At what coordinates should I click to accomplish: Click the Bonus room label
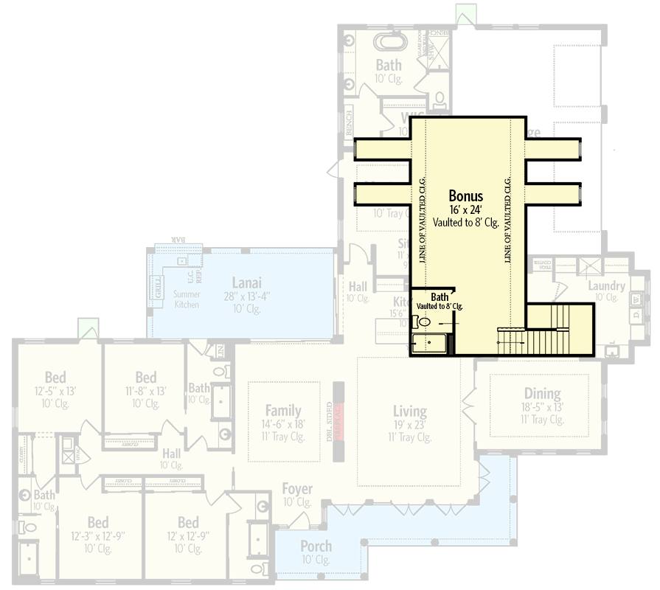[466, 196]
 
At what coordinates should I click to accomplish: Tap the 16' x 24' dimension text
[466, 209]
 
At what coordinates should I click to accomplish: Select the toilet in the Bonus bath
[423, 322]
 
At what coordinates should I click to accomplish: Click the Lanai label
[247, 282]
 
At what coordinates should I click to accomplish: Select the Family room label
[283, 411]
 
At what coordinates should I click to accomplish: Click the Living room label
[409, 411]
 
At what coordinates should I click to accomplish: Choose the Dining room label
[542, 394]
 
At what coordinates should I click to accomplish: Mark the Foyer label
[296, 489]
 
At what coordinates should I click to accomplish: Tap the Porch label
[316, 546]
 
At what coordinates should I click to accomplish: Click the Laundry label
[606, 286]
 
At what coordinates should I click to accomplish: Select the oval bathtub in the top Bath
[388, 41]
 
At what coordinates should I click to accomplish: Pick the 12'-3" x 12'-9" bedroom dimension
[98, 536]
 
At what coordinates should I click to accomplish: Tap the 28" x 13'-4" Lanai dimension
[247, 296]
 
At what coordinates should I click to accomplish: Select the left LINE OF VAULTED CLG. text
[423, 221]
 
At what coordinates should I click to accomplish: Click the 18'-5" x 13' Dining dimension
[542, 407]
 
